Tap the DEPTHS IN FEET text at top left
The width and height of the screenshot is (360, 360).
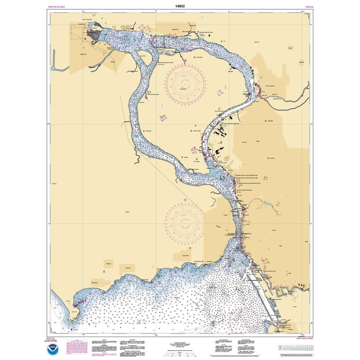pyautogui.click(x=57, y=6)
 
